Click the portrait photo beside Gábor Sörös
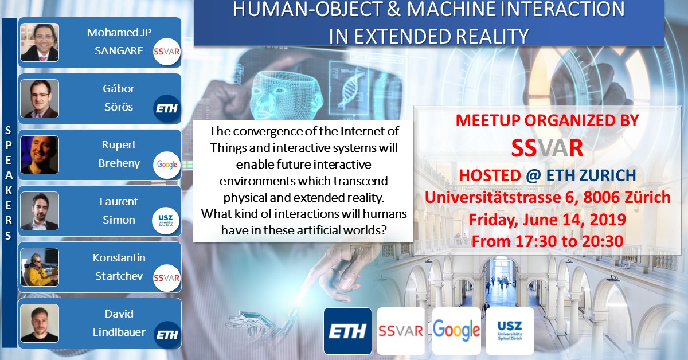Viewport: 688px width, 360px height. point(40,99)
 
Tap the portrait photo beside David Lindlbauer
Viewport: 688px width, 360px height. point(40,323)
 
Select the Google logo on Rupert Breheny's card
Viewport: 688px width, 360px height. point(166,165)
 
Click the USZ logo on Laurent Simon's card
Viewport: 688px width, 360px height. point(166,221)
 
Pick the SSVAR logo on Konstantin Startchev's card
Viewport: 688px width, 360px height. point(166,277)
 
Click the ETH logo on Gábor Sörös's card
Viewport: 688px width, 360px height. point(167,108)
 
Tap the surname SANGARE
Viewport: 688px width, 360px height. point(119,50)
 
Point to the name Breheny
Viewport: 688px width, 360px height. point(119,163)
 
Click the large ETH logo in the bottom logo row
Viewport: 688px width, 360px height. point(347,331)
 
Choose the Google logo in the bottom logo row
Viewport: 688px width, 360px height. point(456,331)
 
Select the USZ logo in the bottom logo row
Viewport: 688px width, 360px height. point(510,331)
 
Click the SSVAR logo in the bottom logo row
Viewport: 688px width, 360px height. point(401,331)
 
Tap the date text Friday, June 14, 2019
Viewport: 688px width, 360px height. point(548,220)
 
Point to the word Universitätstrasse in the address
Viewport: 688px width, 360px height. point(492,197)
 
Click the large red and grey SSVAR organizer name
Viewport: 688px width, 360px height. point(547,148)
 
